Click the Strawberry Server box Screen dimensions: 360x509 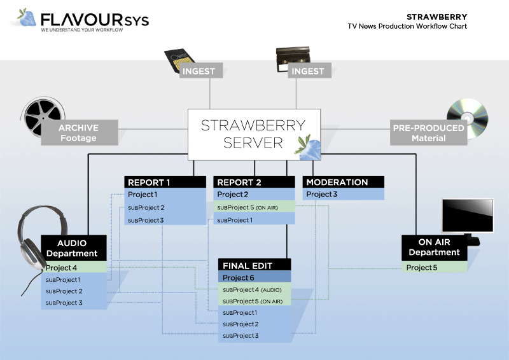253,134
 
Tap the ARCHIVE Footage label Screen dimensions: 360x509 78,133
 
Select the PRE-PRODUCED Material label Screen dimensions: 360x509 428,133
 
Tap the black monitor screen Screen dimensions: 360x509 468,216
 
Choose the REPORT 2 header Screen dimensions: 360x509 254,183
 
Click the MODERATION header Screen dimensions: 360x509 344,183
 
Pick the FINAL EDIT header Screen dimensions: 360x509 254,265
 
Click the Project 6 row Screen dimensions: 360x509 254,278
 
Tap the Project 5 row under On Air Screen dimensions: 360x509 434,268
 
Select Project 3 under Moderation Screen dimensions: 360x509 344,195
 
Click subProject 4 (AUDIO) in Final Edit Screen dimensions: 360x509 254,290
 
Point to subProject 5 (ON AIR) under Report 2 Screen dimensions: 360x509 254,207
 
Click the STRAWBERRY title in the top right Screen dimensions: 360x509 436,17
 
